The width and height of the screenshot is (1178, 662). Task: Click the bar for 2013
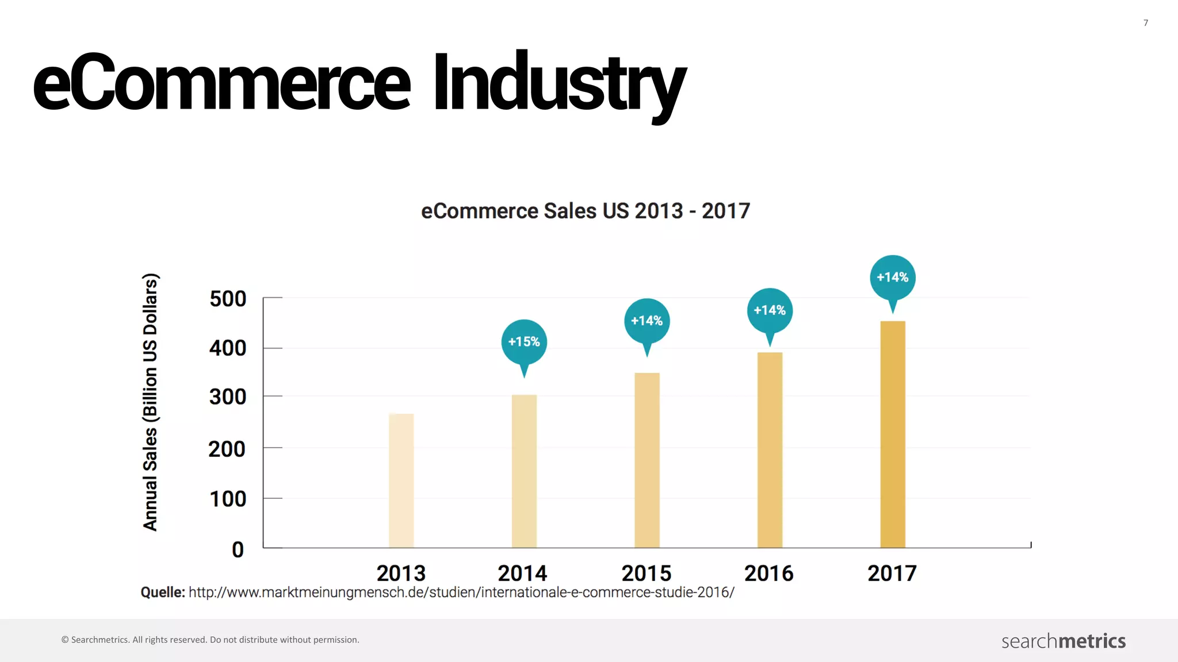(x=401, y=480)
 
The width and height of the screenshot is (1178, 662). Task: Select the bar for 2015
(x=647, y=460)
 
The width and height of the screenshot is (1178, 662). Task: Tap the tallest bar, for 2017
(x=893, y=434)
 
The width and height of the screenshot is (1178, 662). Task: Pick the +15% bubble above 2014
(x=524, y=342)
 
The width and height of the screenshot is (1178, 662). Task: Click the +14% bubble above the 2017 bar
(x=893, y=278)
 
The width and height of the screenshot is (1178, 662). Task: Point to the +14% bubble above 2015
(x=647, y=321)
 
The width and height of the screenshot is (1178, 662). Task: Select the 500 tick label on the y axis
(x=228, y=299)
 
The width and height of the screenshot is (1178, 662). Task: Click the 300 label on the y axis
(x=228, y=397)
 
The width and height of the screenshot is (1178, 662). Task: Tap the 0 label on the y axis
(x=238, y=550)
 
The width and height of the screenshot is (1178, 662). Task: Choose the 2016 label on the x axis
(x=769, y=574)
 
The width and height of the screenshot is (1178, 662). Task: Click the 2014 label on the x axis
(x=522, y=574)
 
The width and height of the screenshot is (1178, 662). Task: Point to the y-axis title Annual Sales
(x=150, y=402)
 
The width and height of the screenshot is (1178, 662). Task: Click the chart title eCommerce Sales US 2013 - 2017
(x=586, y=211)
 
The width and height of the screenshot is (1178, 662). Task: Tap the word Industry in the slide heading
(x=559, y=83)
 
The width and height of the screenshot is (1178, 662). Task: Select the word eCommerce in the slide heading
(x=222, y=83)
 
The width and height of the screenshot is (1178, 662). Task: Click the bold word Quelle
(x=163, y=592)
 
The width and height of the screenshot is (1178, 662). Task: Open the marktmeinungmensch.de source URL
(x=461, y=592)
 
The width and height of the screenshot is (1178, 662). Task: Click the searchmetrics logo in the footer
(x=1064, y=641)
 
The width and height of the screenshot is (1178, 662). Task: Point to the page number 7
(x=1146, y=23)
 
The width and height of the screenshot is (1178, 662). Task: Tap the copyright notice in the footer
(x=211, y=640)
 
